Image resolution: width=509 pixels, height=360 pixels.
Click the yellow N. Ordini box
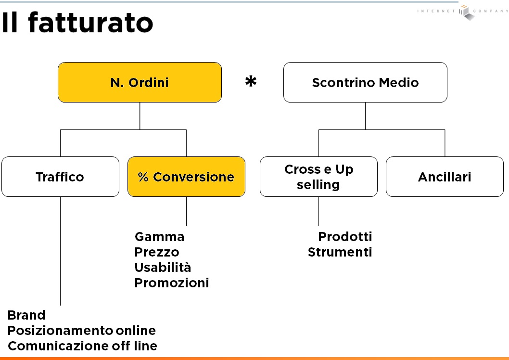click(x=140, y=82)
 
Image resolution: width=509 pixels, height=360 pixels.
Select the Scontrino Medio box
click(x=365, y=82)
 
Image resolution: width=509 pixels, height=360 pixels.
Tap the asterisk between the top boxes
click(x=251, y=81)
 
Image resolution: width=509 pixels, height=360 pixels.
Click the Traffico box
click(x=61, y=177)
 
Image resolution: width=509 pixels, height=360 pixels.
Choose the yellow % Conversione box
click(x=186, y=177)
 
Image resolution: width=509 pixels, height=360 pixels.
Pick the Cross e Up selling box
click(x=319, y=177)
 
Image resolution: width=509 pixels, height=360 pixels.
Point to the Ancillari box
click(x=445, y=177)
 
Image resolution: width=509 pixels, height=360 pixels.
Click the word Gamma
click(x=159, y=237)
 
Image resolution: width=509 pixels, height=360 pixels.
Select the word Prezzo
click(x=157, y=252)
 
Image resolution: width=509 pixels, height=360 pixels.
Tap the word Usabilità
click(x=163, y=268)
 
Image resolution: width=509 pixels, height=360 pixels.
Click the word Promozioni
click(x=172, y=283)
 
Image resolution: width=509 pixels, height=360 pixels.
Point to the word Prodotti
click(x=345, y=237)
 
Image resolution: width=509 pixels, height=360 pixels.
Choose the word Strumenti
click(x=340, y=252)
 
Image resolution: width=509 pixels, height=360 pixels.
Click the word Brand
click(x=26, y=315)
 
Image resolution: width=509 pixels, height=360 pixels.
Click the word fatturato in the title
click(x=90, y=23)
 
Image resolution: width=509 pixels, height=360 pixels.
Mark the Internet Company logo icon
click(x=466, y=13)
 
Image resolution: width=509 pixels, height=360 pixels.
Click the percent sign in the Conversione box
click(x=143, y=177)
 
